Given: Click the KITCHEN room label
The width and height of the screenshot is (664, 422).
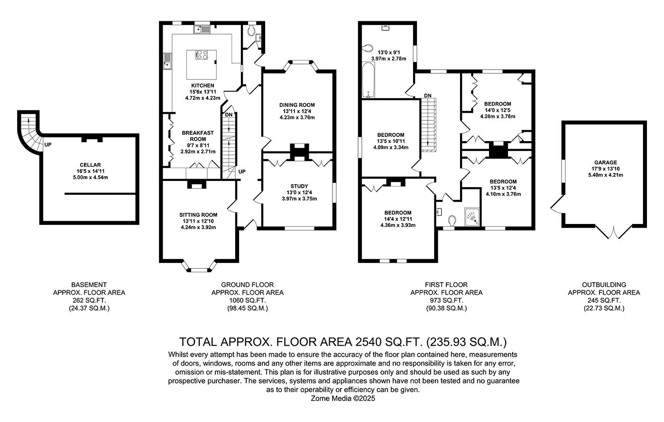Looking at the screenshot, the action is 203,86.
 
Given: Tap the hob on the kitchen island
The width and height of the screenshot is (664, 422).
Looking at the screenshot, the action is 201,55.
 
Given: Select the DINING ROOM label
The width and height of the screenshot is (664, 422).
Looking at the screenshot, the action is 297,105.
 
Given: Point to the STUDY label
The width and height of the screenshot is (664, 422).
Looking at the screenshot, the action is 299,186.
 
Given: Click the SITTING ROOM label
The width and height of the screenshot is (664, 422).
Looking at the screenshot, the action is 198,215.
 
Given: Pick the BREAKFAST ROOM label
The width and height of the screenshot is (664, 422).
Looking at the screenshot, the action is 198,136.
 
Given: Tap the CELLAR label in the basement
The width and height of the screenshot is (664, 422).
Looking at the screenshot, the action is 91,165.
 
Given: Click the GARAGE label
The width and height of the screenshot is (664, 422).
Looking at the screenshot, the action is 606,162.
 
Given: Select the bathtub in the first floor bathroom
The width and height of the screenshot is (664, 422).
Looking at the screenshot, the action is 369,80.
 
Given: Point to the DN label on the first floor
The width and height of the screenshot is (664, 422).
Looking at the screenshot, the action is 428,96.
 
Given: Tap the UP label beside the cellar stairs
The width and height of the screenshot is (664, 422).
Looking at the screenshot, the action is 48,145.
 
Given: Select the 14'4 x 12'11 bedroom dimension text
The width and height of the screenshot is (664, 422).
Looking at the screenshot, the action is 398,219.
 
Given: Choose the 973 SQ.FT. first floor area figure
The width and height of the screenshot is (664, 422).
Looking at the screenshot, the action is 446,300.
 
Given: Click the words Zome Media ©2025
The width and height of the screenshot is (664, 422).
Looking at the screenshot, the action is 343,398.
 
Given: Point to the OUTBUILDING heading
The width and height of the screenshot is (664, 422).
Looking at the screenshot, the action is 604,285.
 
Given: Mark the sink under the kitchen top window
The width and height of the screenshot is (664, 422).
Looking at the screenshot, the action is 202,29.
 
